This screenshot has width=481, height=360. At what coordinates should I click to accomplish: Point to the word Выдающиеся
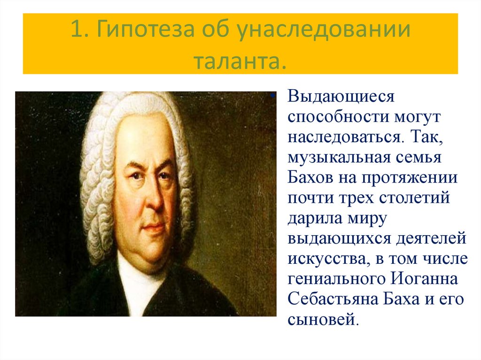coord(340,98)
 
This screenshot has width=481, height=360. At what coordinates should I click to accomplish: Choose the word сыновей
coord(323,320)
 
